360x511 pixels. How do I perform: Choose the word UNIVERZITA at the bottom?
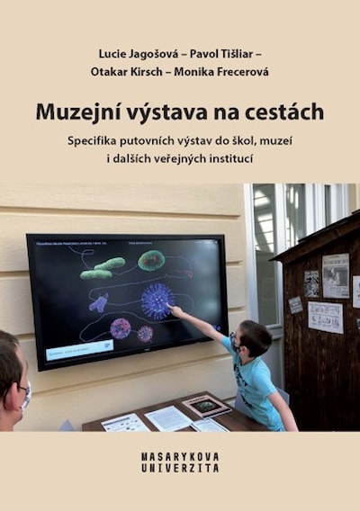(x=180, y=469)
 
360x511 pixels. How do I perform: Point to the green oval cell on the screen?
(x=150, y=260)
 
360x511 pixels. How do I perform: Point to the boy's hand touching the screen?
(x=175, y=311)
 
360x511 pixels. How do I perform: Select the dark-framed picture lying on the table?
(x=206, y=406)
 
